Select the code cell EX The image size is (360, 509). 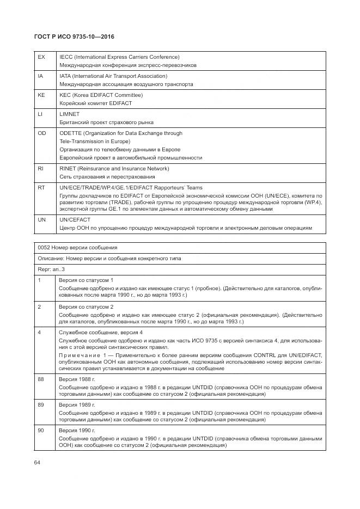click(x=41, y=57)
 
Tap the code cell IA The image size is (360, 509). click(x=40, y=76)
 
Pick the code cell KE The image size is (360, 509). click(x=41, y=95)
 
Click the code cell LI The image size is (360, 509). click(x=40, y=114)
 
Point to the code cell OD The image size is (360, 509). click(x=41, y=133)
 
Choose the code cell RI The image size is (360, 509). click(x=40, y=168)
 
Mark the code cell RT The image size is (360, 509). click(x=41, y=187)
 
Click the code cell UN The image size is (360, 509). click(x=41, y=219)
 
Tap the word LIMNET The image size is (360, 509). click(x=69, y=114)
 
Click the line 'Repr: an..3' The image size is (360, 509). click(x=51, y=269)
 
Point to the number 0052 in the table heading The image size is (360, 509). click(x=44, y=248)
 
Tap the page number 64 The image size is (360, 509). click(x=37, y=462)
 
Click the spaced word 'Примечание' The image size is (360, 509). click(x=78, y=354)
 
